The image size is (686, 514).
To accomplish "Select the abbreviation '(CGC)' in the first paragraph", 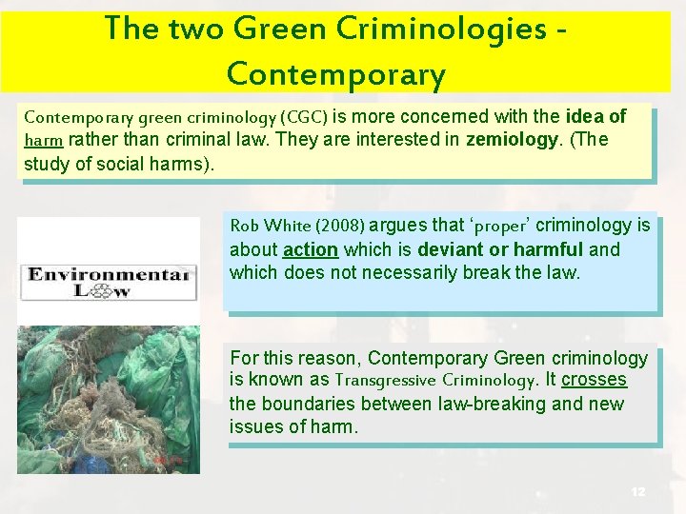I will pyautogui.click(x=302, y=118).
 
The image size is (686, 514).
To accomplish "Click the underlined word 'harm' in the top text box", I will pyautogui.click(x=44, y=141).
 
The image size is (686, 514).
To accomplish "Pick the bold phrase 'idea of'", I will pyautogui.click(x=595, y=117).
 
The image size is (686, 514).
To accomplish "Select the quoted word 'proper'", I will pyautogui.click(x=500, y=227).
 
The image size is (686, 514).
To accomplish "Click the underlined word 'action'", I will pyautogui.click(x=311, y=250).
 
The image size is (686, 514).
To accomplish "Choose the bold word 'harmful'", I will pyautogui.click(x=548, y=250).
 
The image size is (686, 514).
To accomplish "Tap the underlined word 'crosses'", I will pyautogui.click(x=594, y=380).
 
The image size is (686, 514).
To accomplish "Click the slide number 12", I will pyautogui.click(x=637, y=491).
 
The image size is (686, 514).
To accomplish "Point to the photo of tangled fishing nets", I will pyautogui.click(x=109, y=400).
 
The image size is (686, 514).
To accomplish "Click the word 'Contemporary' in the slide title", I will pyautogui.click(x=335, y=74).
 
